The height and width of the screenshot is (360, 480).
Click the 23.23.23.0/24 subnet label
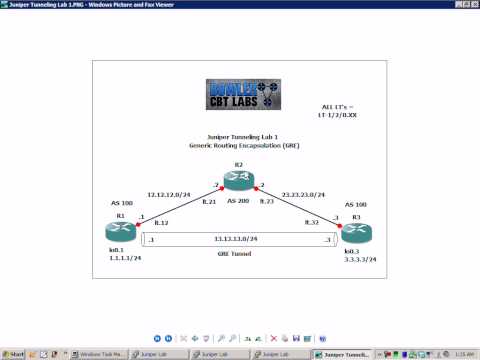coord(307,193)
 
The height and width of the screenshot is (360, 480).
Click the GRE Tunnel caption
coord(237,254)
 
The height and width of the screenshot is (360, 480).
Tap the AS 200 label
coord(238,202)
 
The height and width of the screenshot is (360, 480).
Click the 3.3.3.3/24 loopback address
coord(358,258)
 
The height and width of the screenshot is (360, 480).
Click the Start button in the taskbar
coord(14,354)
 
